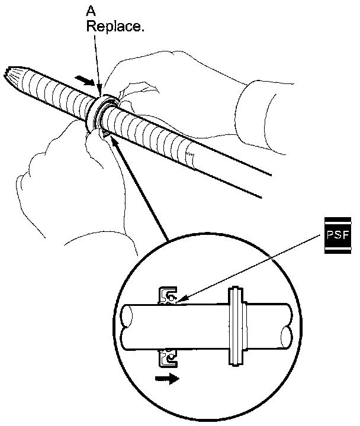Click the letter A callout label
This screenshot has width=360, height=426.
click(92, 12)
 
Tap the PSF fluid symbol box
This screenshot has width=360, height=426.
click(338, 235)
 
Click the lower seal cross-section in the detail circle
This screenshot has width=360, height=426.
click(168, 357)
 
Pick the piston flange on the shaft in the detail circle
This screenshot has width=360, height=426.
click(236, 327)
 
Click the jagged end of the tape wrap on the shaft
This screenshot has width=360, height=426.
click(189, 157)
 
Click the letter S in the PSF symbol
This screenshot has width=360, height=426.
click(338, 235)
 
